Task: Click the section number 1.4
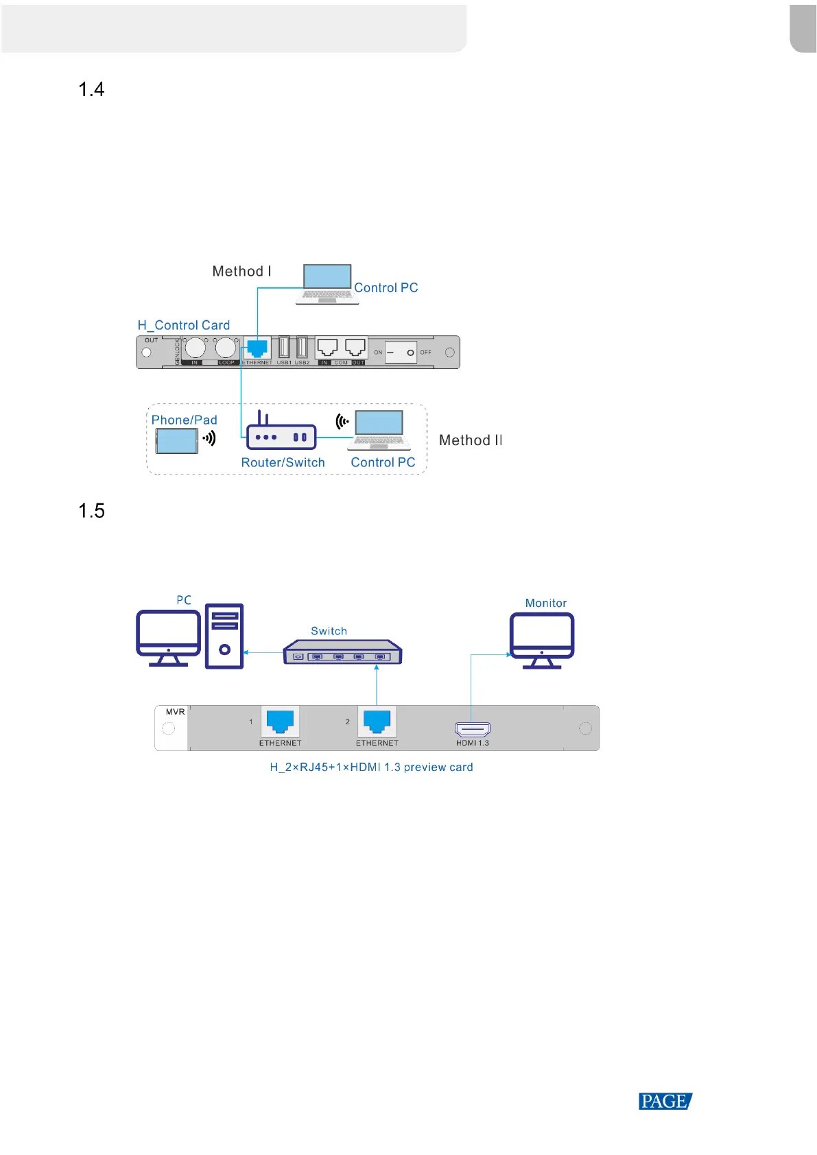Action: click(91, 90)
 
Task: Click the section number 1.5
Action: click(91, 511)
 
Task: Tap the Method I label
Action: click(241, 272)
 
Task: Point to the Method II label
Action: click(471, 440)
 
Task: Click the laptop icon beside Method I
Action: click(327, 284)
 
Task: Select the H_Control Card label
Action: click(184, 325)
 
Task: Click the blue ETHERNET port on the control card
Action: click(257, 348)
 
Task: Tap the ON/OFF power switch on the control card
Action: click(401, 353)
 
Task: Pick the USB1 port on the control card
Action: click(284, 348)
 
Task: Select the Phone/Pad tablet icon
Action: click(176, 441)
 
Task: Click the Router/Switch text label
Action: click(283, 463)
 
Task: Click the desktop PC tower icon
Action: click(224, 636)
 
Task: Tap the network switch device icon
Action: click(342, 652)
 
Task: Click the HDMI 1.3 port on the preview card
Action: click(473, 729)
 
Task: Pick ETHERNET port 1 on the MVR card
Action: click(280, 722)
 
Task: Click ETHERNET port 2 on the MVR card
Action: click(377, 722)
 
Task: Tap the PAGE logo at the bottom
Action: click(665, 1102)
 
